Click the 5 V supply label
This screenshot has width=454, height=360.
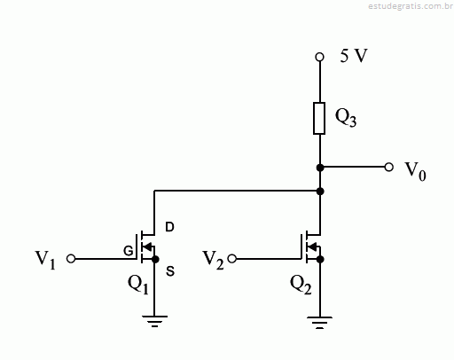(354, 56)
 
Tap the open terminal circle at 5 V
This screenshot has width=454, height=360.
(319, 57)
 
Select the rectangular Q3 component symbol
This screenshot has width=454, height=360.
(319, 118)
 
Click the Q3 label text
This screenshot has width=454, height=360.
(346, 118)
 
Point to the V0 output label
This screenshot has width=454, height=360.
(415, 171)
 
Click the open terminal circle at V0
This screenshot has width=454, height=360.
(389, 168)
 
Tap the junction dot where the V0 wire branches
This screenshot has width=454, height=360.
(320, 168)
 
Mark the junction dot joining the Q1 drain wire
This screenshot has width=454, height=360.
(320, 192)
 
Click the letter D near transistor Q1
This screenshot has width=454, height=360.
(169, 227)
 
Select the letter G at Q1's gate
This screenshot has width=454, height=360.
(129, 251)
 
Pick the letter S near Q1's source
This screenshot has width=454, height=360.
(170, 271)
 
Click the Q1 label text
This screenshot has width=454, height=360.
(137, 284)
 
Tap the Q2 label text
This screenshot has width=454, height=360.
(301, 285)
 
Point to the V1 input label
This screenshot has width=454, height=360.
(45, 260)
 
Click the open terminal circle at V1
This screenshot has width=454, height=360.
(71, 259)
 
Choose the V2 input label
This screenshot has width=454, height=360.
(213, 260)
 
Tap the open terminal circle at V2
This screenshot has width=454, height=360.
(232, 259)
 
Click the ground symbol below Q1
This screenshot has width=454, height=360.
(154, 321)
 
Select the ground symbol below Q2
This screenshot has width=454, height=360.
(319, 323)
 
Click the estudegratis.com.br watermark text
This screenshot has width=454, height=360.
(411, 6)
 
